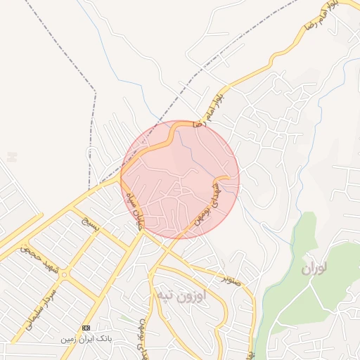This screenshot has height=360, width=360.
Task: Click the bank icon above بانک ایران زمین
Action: coord(86,328)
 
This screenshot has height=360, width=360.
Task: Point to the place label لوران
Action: coord(315,269)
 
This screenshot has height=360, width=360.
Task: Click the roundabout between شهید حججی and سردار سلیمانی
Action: coord(65,273)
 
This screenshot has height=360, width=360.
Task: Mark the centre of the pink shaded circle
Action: coord(180,179)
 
